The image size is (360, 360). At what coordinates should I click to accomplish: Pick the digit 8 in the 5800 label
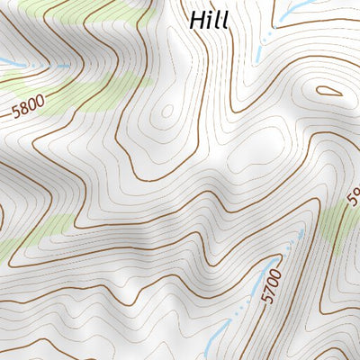click(x=23, y=112)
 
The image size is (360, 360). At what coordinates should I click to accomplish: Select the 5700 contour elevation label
click(x=274, y=285)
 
